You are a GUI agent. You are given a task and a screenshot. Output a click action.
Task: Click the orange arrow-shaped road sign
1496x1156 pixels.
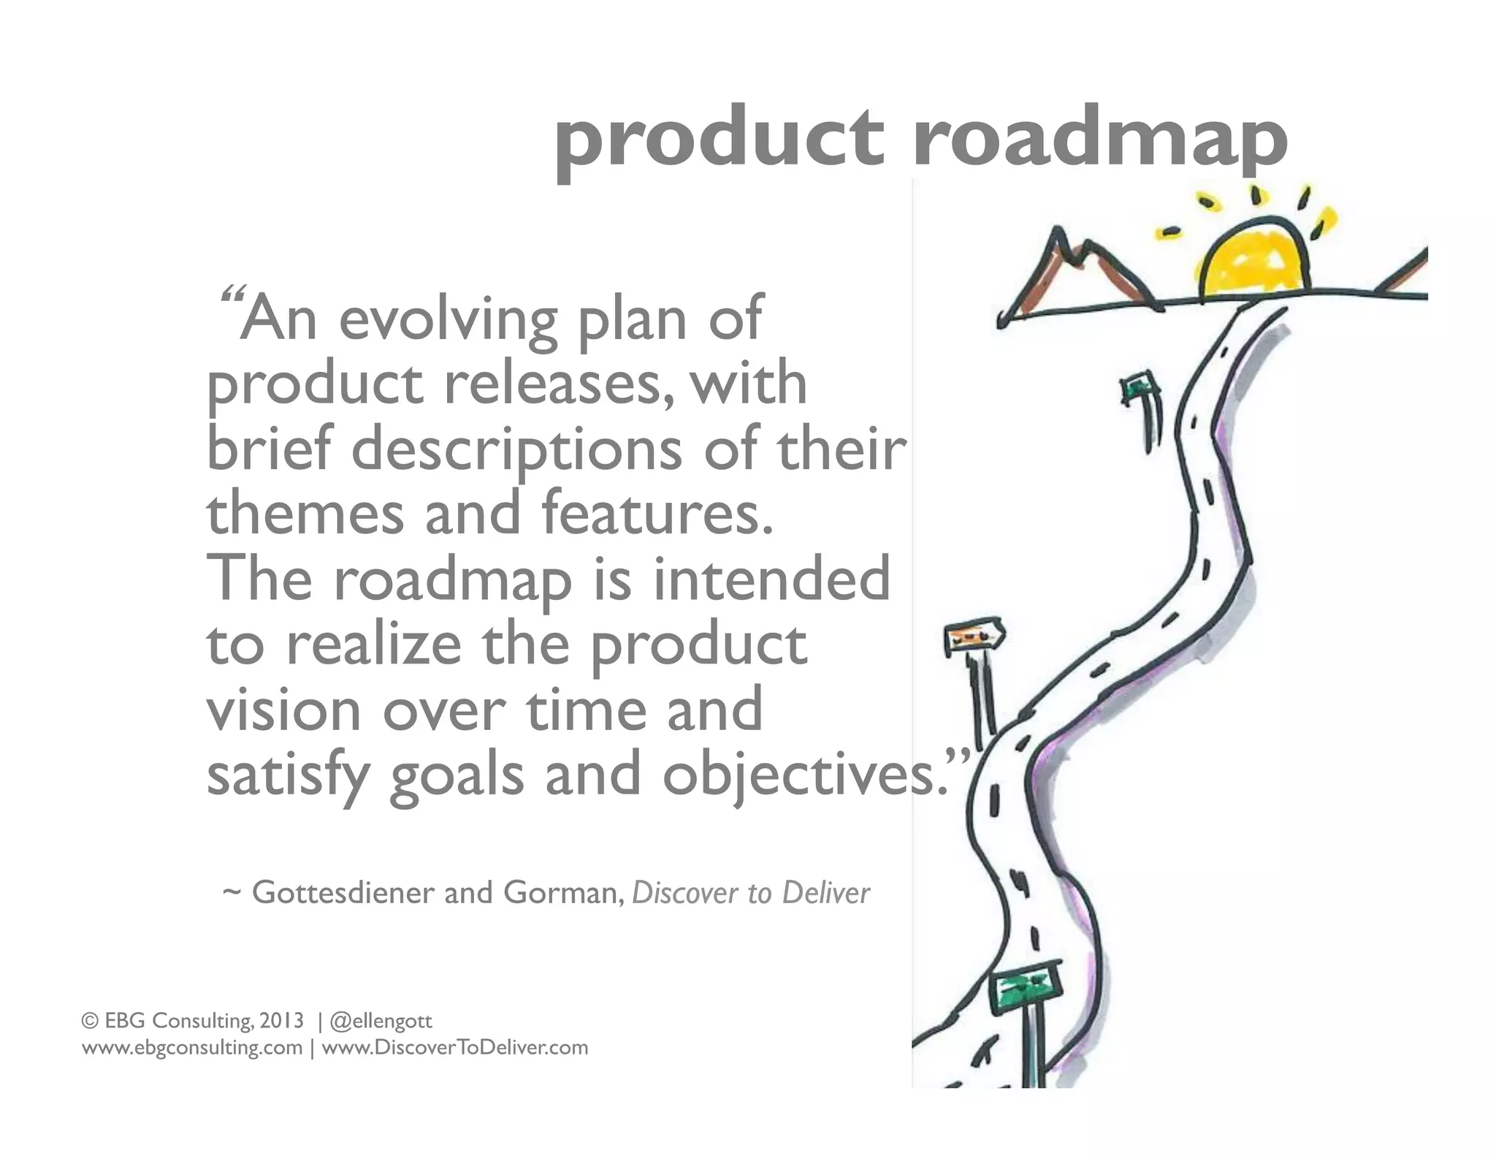coord(975,637)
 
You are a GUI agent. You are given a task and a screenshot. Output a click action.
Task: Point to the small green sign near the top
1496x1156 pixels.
coord(1138,386)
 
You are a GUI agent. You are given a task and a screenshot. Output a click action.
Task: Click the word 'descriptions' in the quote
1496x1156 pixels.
coord(516,449)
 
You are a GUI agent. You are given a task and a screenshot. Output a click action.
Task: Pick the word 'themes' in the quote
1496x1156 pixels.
coord(305,513)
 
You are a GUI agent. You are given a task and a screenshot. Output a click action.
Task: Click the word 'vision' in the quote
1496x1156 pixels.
coord(283,709)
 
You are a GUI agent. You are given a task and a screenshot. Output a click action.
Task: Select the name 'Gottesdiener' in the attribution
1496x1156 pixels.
coord(343,893)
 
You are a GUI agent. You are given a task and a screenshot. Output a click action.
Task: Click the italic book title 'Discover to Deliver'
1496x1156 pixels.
coord(751,893)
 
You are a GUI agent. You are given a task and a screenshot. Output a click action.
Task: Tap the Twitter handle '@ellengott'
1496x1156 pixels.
coord(381,1020)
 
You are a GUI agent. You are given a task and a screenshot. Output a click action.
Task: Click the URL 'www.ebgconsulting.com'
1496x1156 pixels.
coord(192,1048)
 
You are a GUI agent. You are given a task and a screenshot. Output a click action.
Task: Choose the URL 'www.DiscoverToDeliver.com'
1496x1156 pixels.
coord(454,1048)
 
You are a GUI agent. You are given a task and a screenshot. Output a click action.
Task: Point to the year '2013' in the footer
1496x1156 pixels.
coord(281,1020)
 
